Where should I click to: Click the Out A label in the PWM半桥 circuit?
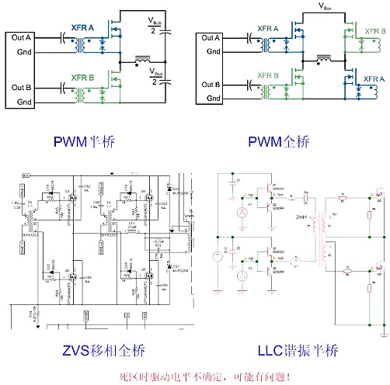tap(19, 37)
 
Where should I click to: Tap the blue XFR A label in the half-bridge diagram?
tap(82, 27)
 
